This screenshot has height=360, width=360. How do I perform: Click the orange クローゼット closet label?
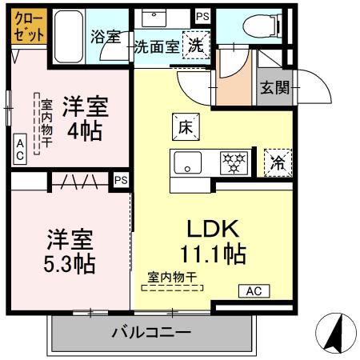27,26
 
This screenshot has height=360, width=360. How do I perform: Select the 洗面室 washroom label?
157,47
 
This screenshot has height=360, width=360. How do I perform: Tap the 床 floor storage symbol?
182,125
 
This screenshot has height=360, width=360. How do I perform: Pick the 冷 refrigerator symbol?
277,162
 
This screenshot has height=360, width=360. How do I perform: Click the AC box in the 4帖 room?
20,150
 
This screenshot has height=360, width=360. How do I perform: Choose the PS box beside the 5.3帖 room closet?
121,181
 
